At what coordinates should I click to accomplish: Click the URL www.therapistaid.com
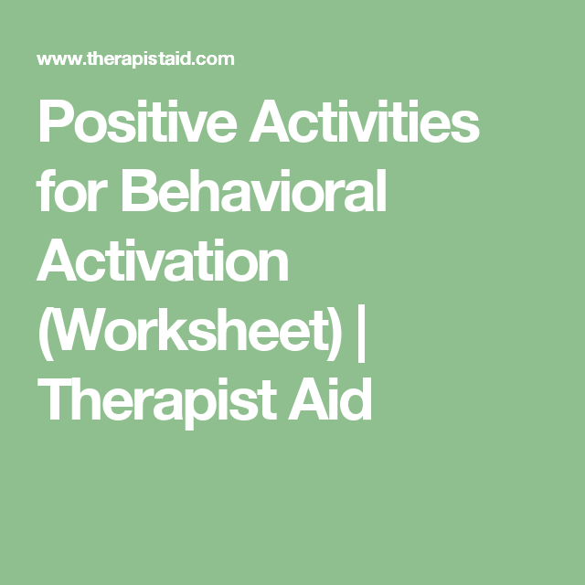[135, 59]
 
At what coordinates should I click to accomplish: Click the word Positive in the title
[137, 122]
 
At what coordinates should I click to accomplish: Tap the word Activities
[364, 122]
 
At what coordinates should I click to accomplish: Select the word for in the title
[72, 190]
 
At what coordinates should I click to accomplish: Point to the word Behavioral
[254, 190]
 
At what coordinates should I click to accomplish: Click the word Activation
[163, 260]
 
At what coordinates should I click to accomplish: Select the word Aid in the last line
[330, 399]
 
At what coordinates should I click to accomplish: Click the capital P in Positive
[55, 122]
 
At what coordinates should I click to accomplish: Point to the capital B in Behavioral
[138, 190]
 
